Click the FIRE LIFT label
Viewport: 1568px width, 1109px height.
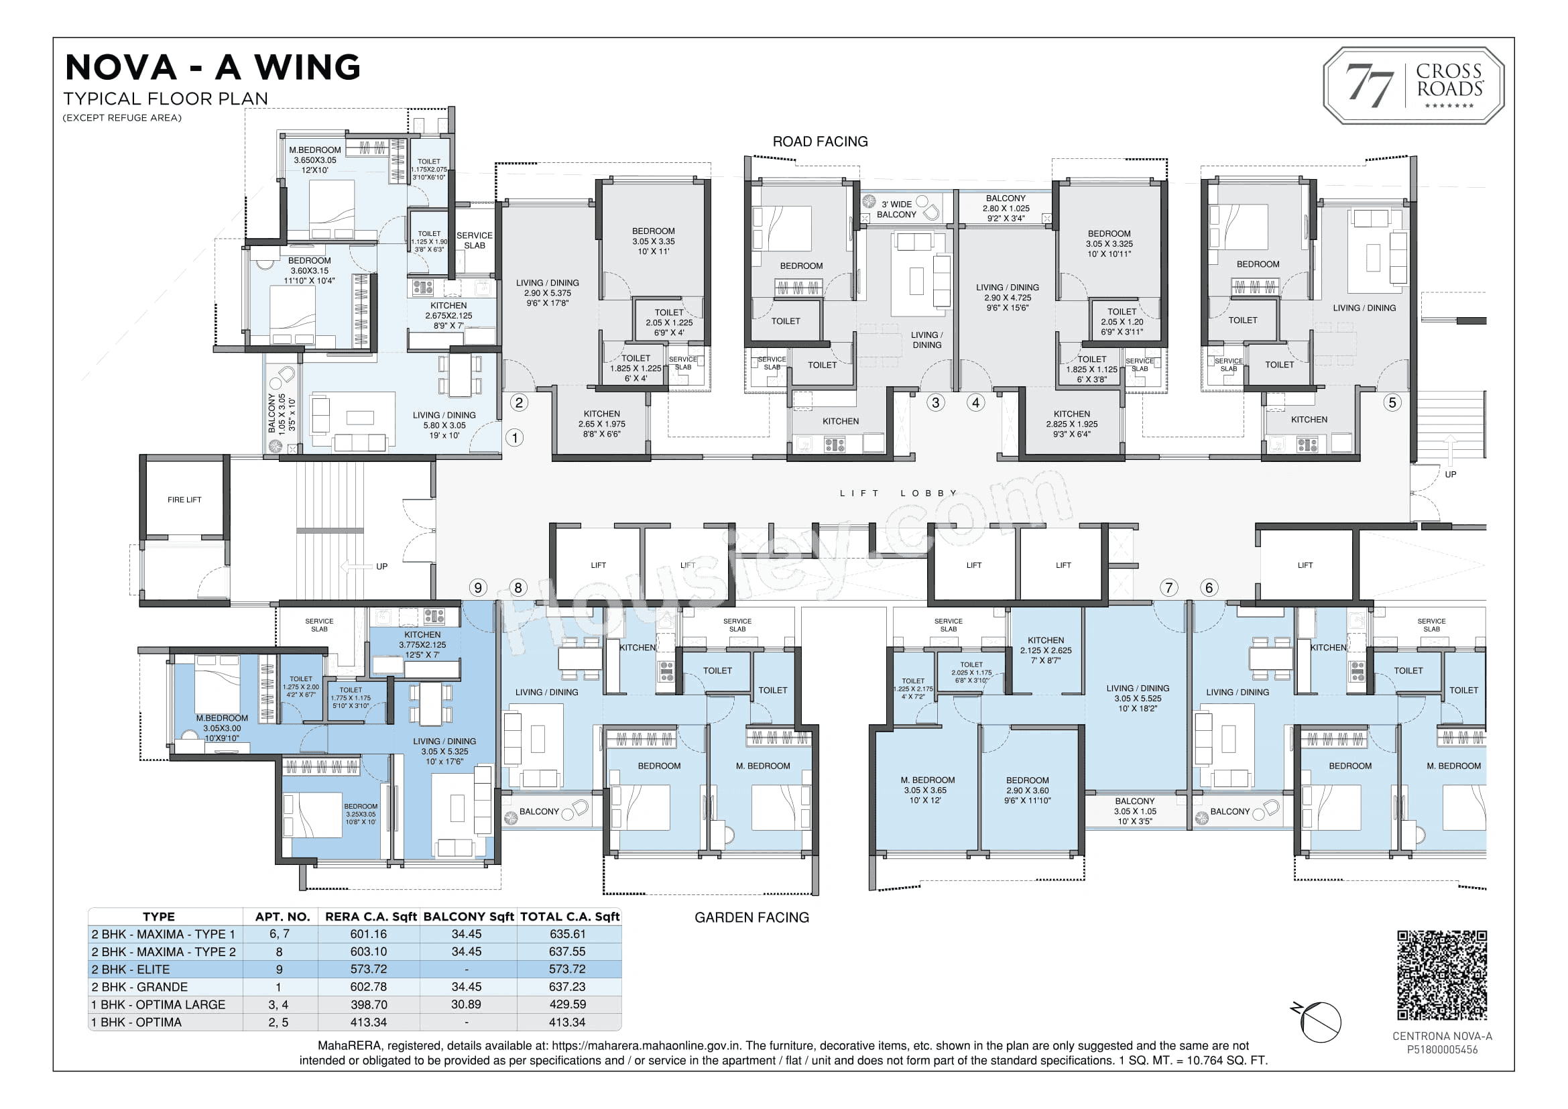[x=184, y=500]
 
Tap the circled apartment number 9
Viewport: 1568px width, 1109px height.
[x=478, y=588]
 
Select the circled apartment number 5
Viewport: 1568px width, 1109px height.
[x=1392, y=402]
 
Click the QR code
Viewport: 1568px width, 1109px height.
[x=1442, y=974]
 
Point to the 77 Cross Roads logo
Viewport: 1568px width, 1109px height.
[x=1414, y=86]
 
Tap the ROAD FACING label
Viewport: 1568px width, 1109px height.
[x=820, y=141]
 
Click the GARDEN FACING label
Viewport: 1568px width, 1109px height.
[x=751, y=918]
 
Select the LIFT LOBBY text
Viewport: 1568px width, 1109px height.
[x=898, y=493]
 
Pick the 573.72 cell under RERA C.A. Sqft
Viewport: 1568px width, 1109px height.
[x=369, y=969]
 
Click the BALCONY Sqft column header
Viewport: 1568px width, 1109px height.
[x=469, y=917]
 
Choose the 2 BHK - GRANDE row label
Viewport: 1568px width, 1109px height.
[x=139, y=987]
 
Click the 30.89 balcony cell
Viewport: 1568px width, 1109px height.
[x=467, y=1004]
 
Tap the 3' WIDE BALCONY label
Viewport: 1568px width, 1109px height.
[x=897, y=209]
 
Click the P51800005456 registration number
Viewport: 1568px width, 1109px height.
[x=1442, y=1049]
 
